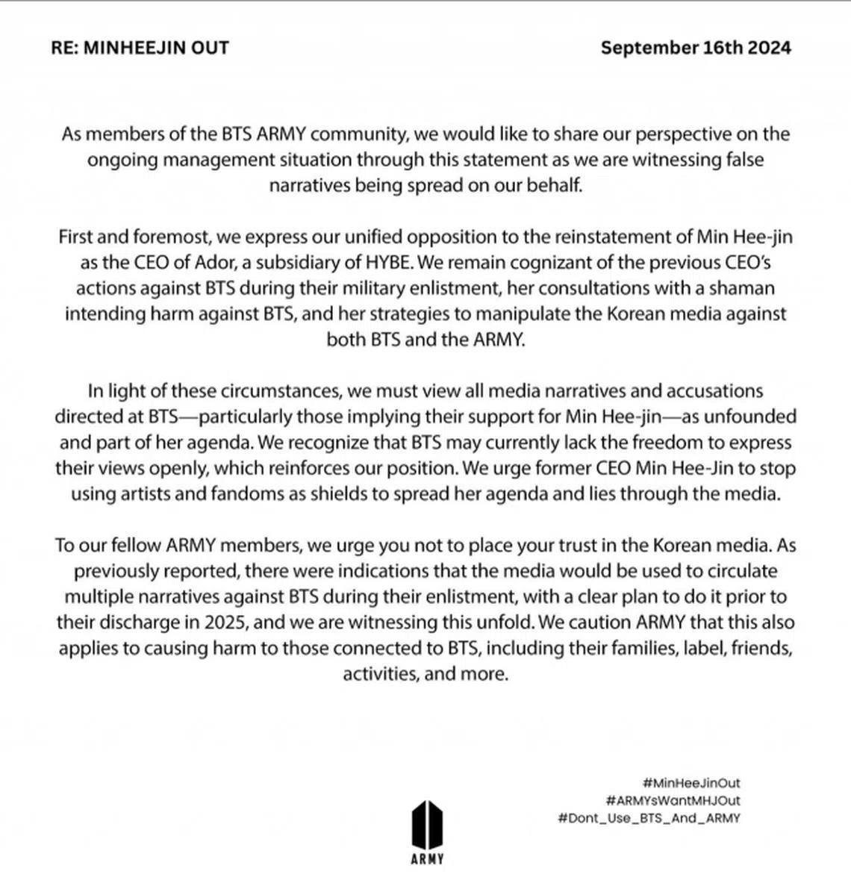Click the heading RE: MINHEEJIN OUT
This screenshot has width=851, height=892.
140,48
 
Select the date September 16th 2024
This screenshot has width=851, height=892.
696,48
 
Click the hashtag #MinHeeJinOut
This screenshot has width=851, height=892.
691,784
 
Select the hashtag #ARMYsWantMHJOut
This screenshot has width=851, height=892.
673,801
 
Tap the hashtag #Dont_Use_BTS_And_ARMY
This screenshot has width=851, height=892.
649,818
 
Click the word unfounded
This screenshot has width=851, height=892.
755,416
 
